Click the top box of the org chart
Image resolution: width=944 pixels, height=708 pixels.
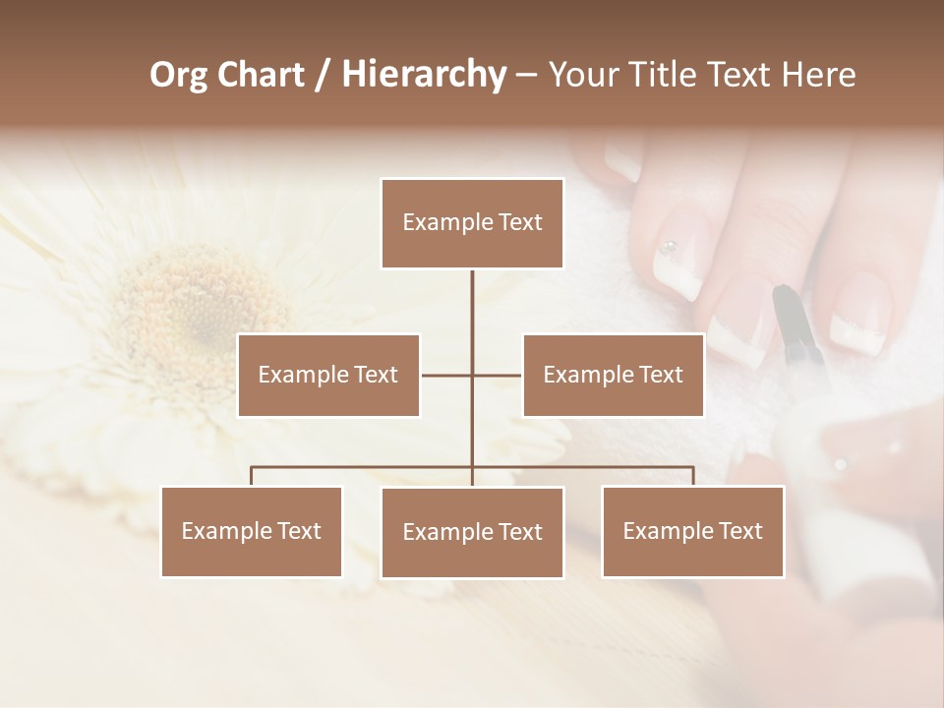pyautogui.click(x=472, y=223)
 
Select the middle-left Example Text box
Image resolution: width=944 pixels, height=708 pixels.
pyautogui.click(x=328, y=375)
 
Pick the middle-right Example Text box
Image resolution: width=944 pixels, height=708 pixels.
pyautogui.click(x=613, y=375)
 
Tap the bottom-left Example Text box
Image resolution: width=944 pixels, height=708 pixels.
pyautogui.click(x=252, y=531)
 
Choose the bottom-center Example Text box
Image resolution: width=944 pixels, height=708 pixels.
pyautogui.click(x=472, y=532)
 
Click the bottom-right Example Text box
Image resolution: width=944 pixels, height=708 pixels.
pyautogui.click(x=692, y=531)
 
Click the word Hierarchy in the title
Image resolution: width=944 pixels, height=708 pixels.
pyautogui.click(x=423, y=75)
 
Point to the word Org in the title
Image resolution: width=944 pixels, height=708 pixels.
pyautogui.click(x=180, y=75)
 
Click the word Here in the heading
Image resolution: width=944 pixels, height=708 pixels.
pyautogui.click(x=818, y=75)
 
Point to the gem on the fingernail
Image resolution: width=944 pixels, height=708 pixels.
pyautogui.click(x=670, y=246)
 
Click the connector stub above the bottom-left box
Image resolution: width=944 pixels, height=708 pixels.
pyautogui.click(x=252, y=476)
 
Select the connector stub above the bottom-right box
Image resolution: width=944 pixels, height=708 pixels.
pyautogui.click(x=692, y=476)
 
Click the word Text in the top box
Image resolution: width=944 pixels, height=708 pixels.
pyautogui.click(x=518, y=223)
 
